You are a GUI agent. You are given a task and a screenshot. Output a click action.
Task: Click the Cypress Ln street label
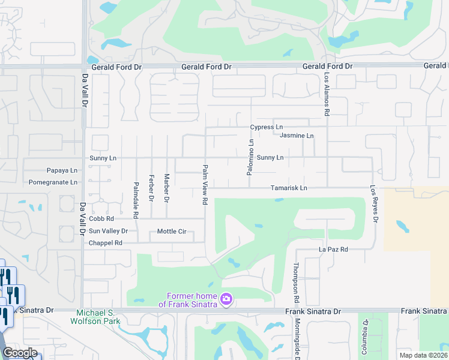point(267,127)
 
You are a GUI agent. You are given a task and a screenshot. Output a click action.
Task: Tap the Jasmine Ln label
point(297,136)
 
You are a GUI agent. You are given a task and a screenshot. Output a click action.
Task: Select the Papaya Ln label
point(62,170)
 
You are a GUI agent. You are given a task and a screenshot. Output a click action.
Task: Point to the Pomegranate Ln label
point(53,182)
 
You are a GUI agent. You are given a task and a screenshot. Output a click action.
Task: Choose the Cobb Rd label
point(101,219)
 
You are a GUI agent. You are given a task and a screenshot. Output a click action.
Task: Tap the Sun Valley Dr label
point(108,231)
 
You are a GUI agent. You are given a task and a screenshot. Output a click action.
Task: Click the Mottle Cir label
point(172,231)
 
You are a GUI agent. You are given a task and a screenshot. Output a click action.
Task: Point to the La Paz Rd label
point(333,249)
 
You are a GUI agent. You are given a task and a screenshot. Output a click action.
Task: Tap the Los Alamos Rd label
point(327,95)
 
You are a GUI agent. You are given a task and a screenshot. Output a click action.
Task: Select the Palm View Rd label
point(205,185)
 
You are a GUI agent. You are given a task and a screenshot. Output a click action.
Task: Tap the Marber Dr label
point(167,188)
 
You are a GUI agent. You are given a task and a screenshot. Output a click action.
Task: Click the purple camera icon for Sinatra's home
point(226,299)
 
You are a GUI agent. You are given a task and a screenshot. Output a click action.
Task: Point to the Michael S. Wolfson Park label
point(98,317)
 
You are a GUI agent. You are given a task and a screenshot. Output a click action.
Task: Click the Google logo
point(19,353)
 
